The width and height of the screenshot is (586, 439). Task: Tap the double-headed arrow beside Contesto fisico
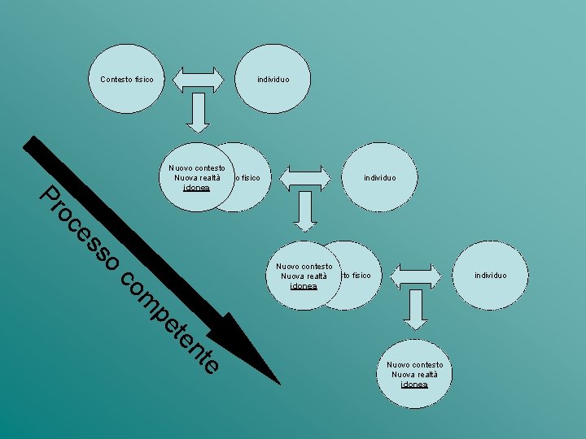pos(198,80)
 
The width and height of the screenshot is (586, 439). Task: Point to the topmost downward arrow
pos(198,114)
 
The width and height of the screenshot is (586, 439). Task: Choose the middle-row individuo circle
pos(380,177)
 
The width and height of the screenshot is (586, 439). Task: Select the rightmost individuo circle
pos(490,275)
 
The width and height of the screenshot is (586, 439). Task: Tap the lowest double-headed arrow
pos(416,275)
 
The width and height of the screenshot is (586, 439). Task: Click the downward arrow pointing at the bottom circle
pos(416,311)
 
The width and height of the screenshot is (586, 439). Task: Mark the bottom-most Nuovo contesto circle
pos(415,374)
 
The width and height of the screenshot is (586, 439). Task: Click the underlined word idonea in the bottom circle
pos(415,385)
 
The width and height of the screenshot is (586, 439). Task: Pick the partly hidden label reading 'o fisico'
pos(247,177)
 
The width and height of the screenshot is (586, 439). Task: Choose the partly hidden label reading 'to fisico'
pos(356,275)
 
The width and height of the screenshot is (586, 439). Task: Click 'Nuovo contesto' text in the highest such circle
pos(197,168)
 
